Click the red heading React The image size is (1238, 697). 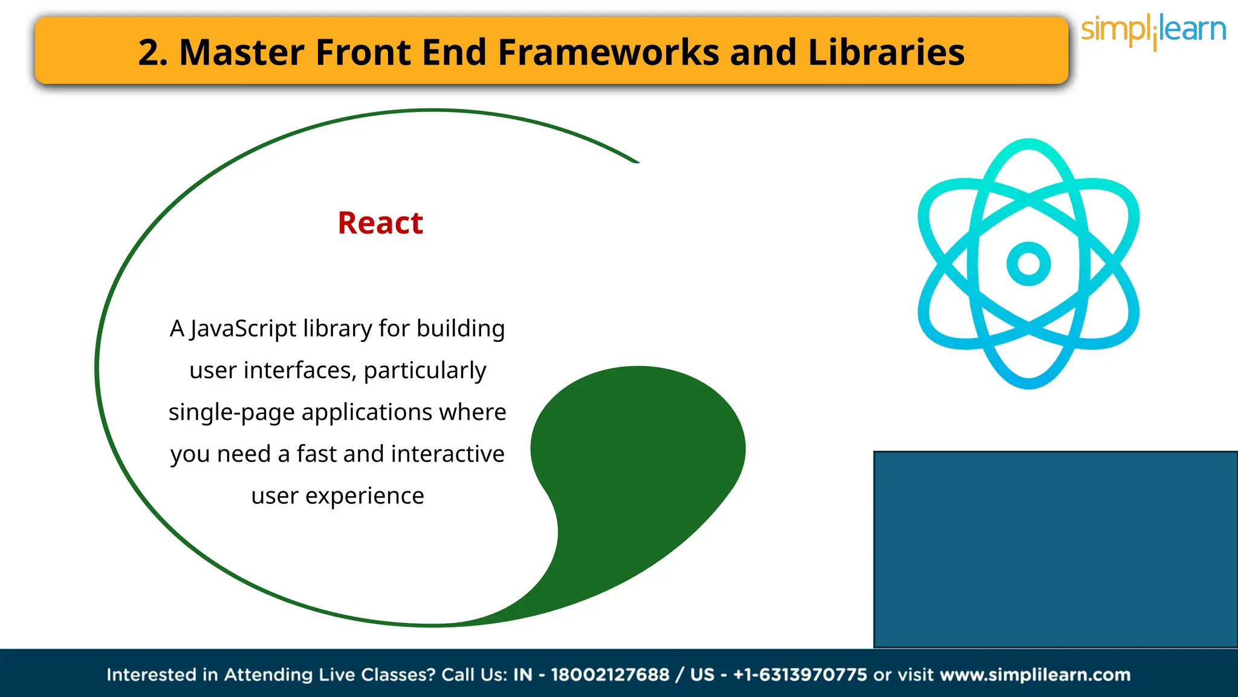pos(380,223)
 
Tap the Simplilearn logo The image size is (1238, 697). pos(1153,31)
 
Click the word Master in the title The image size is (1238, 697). pos(242,53)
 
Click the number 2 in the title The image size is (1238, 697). pos(149,53)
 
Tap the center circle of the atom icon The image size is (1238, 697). pos(1028,264)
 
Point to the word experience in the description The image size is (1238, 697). pos(365,496)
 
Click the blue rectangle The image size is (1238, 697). pos(1055,549)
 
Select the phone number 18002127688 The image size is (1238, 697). pos(610,675)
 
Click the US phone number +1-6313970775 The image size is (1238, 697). pos(800,675)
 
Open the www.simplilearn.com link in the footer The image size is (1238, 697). pos(1035,675)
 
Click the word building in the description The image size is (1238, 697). pos(461,329)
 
